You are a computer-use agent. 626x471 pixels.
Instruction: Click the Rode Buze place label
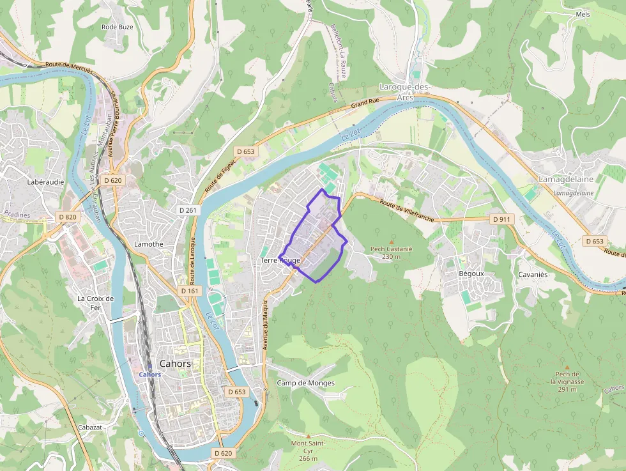(118, 27)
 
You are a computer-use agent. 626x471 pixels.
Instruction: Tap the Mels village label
(583, 14)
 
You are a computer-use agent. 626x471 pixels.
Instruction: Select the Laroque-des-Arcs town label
(405, 91)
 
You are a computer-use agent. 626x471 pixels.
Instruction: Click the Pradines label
(17, 215)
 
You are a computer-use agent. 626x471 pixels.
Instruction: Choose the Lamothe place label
(149, 244)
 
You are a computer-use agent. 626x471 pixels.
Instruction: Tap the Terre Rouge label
(280, 261)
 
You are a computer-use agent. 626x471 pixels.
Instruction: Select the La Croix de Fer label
(95, 302)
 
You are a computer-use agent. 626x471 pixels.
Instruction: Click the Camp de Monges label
(305, 383)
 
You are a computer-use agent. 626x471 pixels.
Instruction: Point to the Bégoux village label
(471, 274)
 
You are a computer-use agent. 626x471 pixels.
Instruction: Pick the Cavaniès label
(532, 275)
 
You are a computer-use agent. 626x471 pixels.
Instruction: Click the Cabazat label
(89, 427)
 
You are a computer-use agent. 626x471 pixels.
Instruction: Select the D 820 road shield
(68, 217)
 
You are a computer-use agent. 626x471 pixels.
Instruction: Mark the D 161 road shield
(190, 291)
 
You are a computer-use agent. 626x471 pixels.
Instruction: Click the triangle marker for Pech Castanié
(392, 241)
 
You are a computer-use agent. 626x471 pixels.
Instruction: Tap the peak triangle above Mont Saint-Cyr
(308, 436)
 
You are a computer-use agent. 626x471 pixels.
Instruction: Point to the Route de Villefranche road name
(406, 212)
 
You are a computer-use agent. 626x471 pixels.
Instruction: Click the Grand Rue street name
(365, 102)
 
